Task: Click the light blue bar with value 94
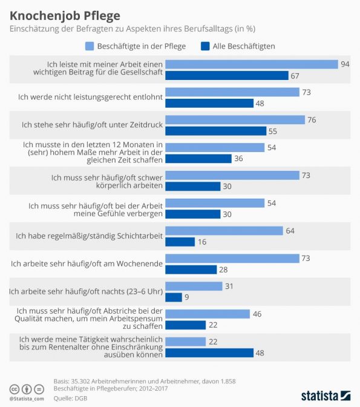pyautogui.click(x=252, y=64)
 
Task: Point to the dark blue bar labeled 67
pyautogui.click(x=227, y=76)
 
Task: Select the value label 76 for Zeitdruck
pyautogui.click(x=312, y=119)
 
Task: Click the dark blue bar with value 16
pyautogui.click(x=180, y=242)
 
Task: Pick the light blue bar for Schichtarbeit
pyautogui.click(x=224, y=230)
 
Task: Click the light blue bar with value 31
pyautogui.click(x=194, y=286)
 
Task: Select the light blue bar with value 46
pyautogui.click(x=208, y=314)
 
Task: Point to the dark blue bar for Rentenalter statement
pyautogui.click(x=209, y=352)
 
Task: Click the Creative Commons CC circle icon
pyautogui.click(x=14, y=388)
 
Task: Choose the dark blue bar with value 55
pyautogui.click(x=216, y=131)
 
